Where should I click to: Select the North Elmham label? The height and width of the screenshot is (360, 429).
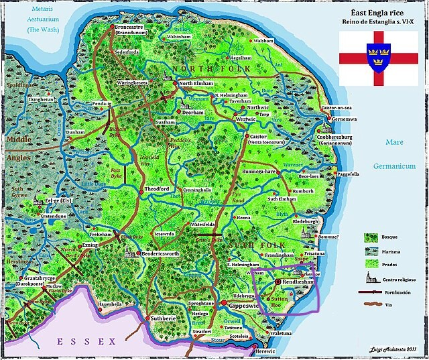(x=195, y=84)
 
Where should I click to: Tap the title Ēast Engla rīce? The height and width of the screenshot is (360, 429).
(x=379, y=13)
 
